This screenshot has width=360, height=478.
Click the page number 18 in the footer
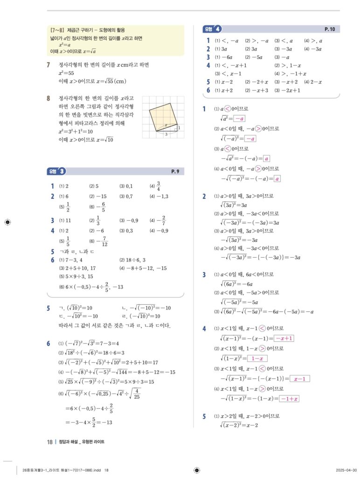[x=49, y=442]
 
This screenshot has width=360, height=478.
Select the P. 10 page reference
[x=329, y=29]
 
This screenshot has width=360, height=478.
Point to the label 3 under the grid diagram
[x=166, y=134]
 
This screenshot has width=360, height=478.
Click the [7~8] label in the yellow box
[x=57, y=30]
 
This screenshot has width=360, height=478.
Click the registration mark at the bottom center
[x=197, y=470]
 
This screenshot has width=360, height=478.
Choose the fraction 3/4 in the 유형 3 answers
[x=159, y=186]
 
